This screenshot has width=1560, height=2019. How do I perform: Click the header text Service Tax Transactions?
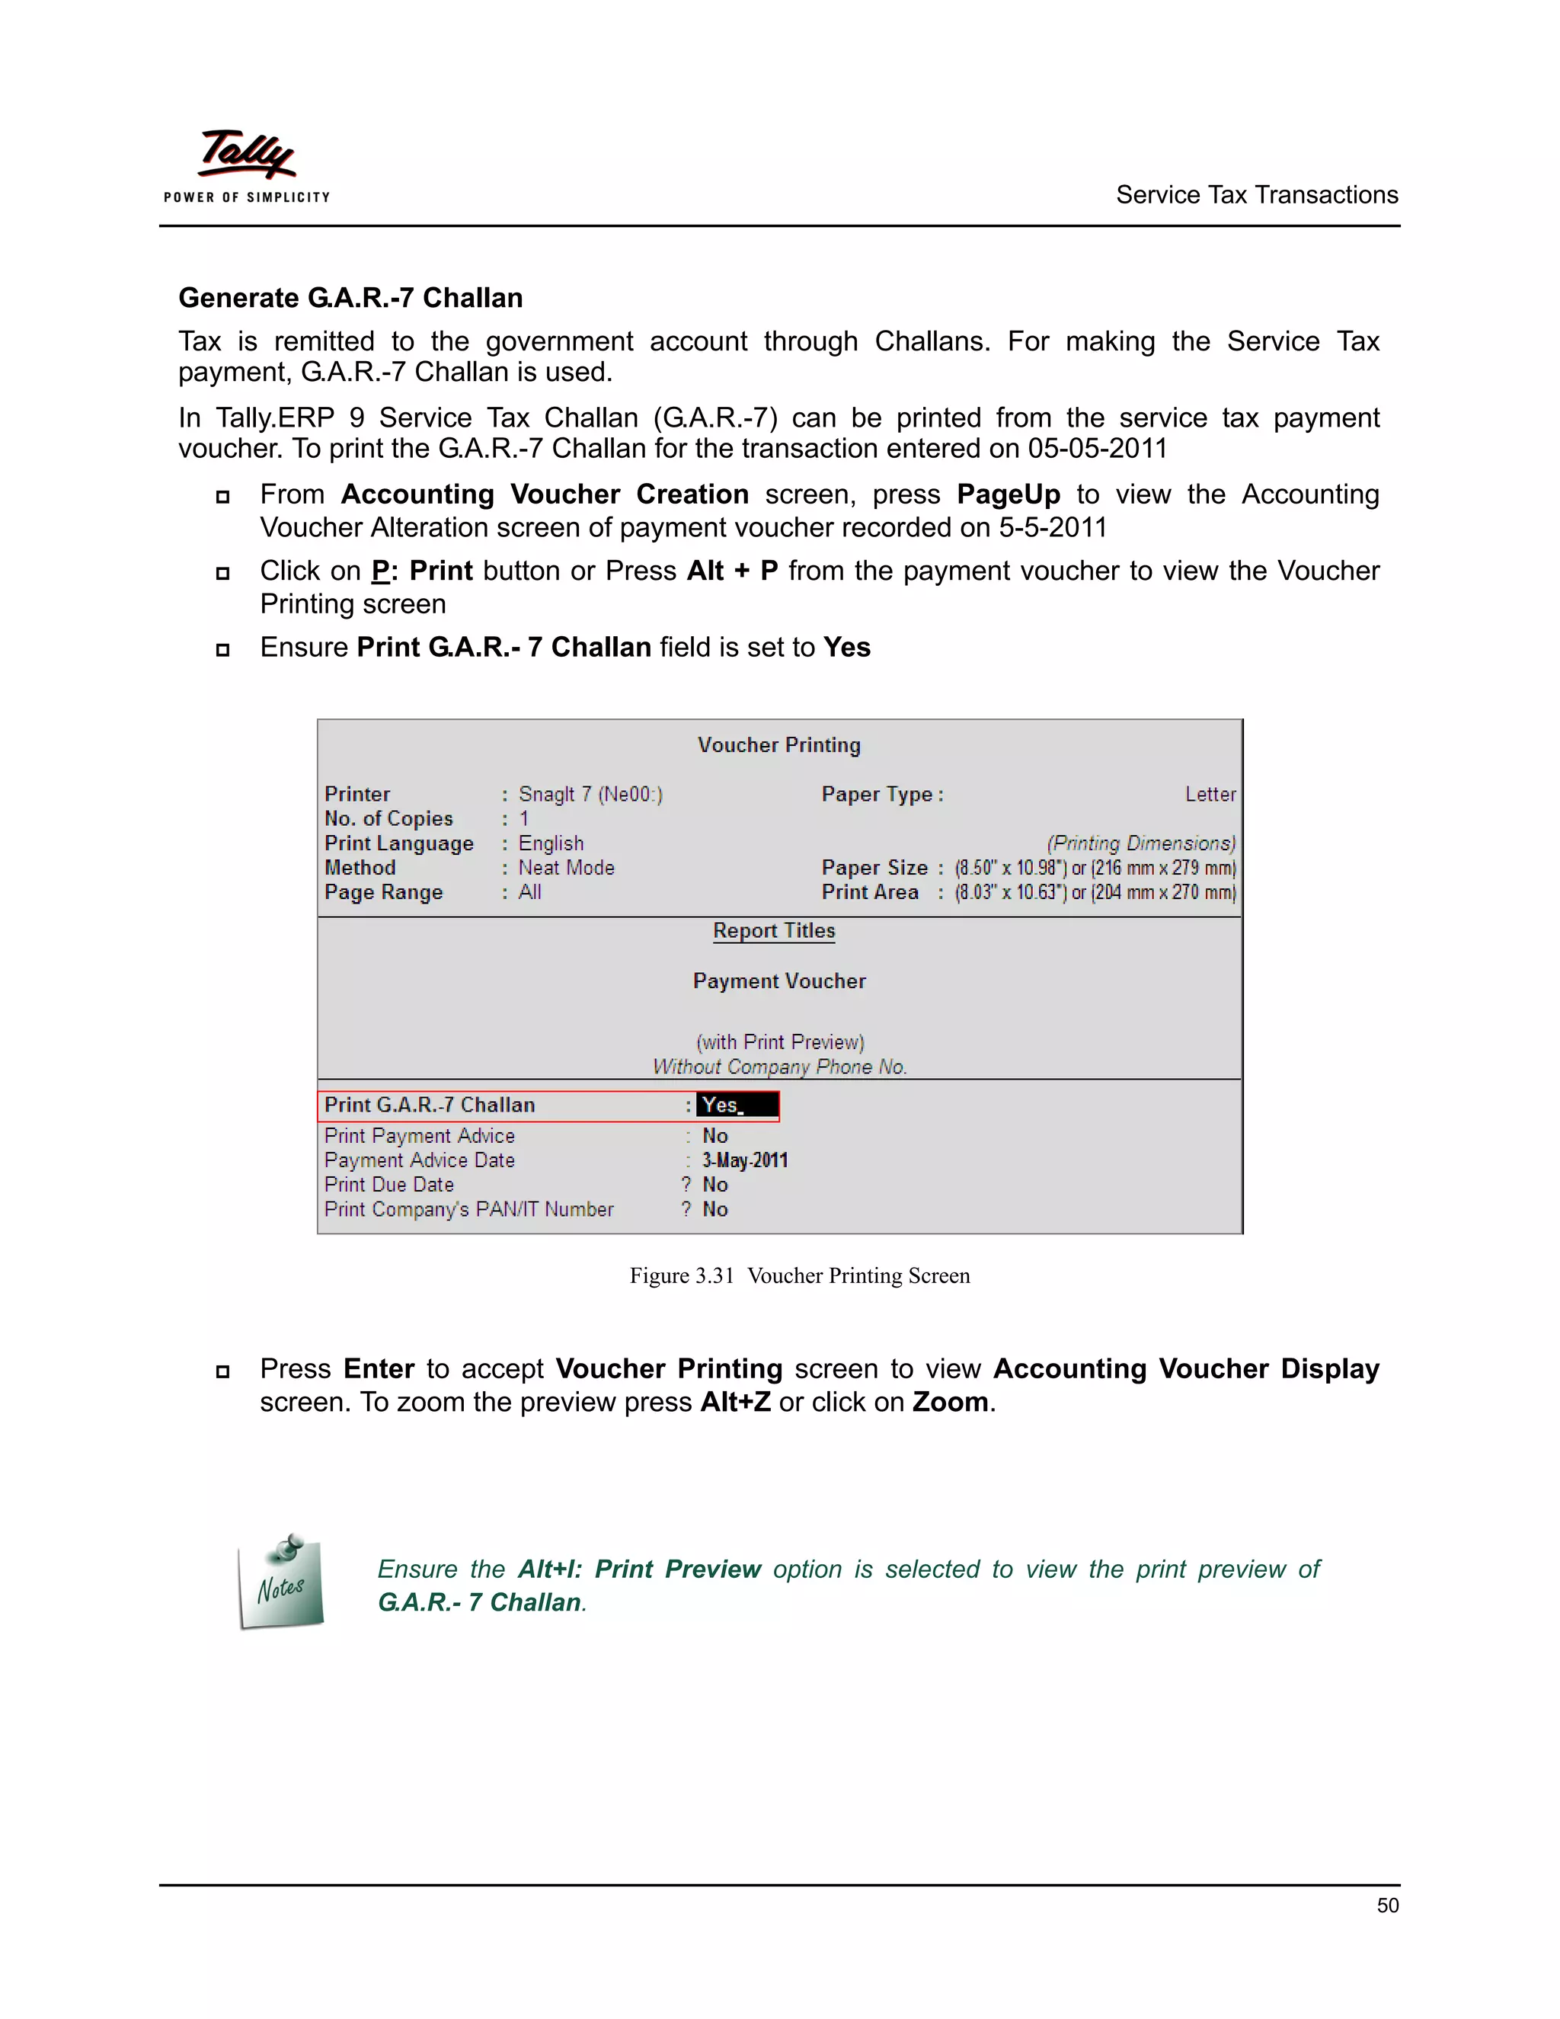click(1256, 195)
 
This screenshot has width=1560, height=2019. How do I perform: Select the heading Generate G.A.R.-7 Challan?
click(350, 298)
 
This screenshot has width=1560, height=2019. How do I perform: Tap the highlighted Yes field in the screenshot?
click(737, 1105)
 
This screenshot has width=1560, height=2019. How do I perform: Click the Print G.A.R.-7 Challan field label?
click(430, 1105)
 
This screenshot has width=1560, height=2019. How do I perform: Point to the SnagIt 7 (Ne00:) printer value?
click(590, 794)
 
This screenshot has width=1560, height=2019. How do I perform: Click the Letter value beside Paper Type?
click(1210, 794)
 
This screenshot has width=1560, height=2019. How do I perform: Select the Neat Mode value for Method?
click(566, 868)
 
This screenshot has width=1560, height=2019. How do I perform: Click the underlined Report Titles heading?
click(774, 931)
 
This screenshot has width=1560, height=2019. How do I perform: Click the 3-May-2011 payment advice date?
click(744, 1160)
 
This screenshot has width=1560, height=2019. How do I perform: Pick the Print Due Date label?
click(389, 1185)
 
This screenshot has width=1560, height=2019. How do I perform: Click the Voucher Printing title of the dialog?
click(779, 745)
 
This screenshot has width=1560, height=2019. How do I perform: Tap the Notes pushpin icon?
click(282, 1582)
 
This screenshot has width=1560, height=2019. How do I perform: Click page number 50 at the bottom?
click(1387, 1905)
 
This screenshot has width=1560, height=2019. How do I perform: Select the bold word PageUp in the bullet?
click(1009, 494)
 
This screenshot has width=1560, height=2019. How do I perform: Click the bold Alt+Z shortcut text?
click(735, 1403)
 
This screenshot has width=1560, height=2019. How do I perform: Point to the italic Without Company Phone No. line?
click(779, 1067)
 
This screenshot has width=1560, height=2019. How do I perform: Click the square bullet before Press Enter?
click(222, 1372)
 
